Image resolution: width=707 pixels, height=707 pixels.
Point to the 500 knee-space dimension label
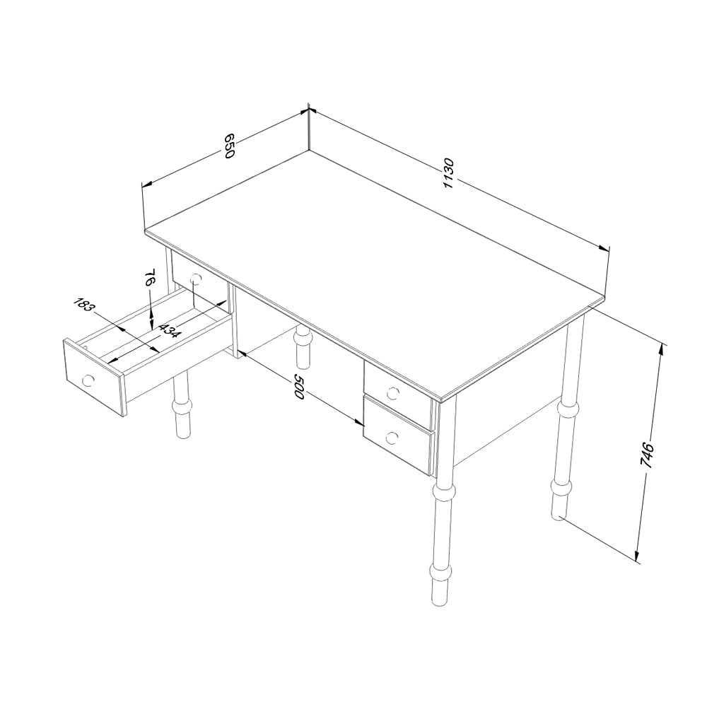click(x=300, y=385)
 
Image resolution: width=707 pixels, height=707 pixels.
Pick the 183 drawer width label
click(x=85, y=305)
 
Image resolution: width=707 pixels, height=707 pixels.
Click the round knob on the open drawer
click(x=88, y=380)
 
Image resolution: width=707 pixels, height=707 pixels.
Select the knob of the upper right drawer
click(x=392, y=394)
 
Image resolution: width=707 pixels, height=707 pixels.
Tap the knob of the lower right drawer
click(x=392, y=438)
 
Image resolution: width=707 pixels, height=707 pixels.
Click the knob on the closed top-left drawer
click(x=195, y=280)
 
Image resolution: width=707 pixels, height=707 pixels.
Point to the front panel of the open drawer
click(x=94, y=378)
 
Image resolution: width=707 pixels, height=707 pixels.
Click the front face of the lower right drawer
click(x=397, y=436)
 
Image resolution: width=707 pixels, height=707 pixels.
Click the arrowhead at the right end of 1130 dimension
click(x=604, y=248)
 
